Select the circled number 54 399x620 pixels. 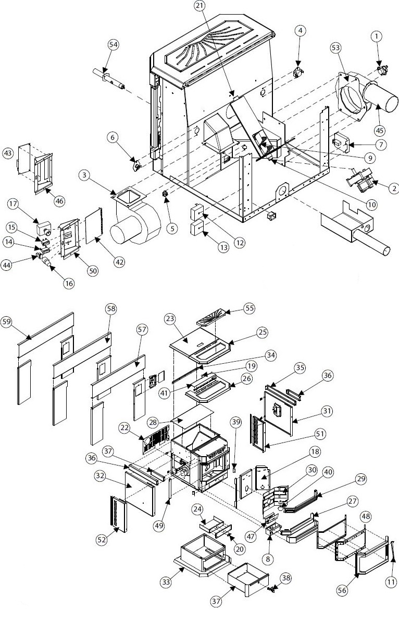point(114,45)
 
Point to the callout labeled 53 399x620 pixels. point(336,47)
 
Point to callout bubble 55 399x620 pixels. point(250,308)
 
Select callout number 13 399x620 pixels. point(223,248)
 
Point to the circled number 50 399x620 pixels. point(93,270)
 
